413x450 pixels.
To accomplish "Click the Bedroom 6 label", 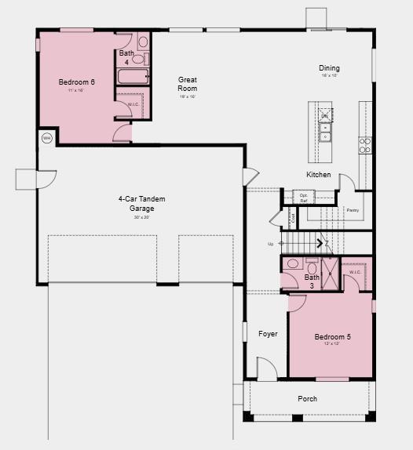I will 76,82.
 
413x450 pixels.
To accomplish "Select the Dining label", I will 329,68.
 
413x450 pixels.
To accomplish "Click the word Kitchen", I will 318,175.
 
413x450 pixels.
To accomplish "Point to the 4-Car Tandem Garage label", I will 142,204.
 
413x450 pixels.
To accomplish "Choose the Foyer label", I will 268,334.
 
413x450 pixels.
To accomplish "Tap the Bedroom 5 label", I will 332,337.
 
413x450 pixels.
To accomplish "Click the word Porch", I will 308,399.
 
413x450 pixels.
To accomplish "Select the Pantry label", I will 353,210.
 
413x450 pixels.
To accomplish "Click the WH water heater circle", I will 46,138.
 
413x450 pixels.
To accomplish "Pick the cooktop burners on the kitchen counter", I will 365,145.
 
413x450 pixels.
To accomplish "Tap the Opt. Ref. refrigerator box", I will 303,198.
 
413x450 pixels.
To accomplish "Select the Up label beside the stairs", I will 271,244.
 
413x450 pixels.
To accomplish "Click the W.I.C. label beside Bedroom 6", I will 133,104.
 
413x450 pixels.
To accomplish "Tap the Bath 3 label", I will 312,281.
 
